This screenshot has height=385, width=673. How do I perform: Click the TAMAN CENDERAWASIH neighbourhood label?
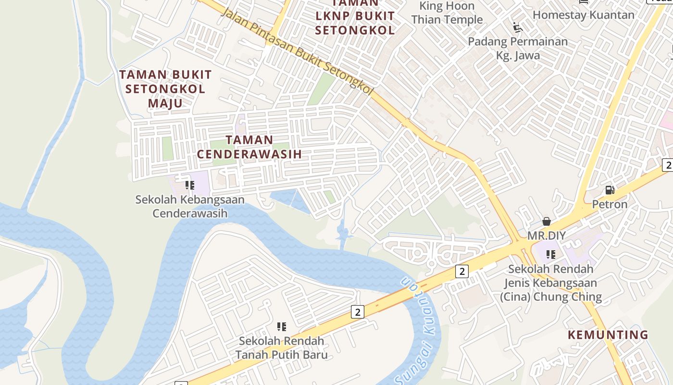coord(249,147)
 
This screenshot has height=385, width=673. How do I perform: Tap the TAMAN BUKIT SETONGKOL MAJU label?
coord(165,89)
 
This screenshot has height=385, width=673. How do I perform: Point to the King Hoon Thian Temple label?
coord(447,13)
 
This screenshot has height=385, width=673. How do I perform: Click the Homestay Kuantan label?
coord(584,15)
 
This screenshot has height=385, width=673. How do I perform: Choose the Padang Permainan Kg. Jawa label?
coord(518,48)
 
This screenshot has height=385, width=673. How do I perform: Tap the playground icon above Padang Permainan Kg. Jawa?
coord(518,27)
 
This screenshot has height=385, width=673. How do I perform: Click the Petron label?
coord(610,204)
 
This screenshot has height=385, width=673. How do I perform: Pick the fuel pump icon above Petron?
coord(610,190)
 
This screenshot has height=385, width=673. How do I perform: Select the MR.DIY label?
coord(547,236)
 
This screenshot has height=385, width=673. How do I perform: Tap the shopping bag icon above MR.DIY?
coord(547,221)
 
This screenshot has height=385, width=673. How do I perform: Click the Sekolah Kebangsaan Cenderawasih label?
coord(190,206)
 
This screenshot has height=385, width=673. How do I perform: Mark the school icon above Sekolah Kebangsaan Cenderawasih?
coord(190,185)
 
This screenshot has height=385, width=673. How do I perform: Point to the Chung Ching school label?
coord(551,282)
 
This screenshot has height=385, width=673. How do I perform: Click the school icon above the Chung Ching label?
coord(551,254)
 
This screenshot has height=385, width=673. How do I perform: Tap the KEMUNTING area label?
coord(608,334)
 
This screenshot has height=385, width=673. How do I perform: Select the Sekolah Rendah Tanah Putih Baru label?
coord(282,348)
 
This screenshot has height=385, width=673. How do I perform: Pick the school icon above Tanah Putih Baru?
coord(282,327)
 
